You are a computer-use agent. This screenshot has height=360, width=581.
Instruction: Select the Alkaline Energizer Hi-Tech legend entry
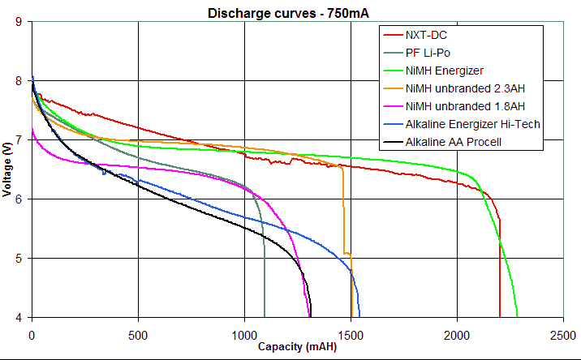pyautogui.click(x=472, y=124)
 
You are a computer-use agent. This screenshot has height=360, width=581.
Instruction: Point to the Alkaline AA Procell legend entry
pyautogui.click(x=456, y=142)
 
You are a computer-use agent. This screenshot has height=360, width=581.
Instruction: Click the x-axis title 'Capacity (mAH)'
pyautogui.click(x=297, y=346)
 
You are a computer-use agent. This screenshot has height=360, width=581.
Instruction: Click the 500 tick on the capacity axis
pyautogui.click(x=138, y=334)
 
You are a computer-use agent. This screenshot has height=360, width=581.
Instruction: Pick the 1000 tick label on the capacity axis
pyautogui.click(x=244, y=334)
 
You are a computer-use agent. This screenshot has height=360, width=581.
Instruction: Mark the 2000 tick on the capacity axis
pyautogui.click(x=457, y=334)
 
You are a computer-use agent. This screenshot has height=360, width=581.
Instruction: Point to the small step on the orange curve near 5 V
pyautogui.click(x=347, y=254)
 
